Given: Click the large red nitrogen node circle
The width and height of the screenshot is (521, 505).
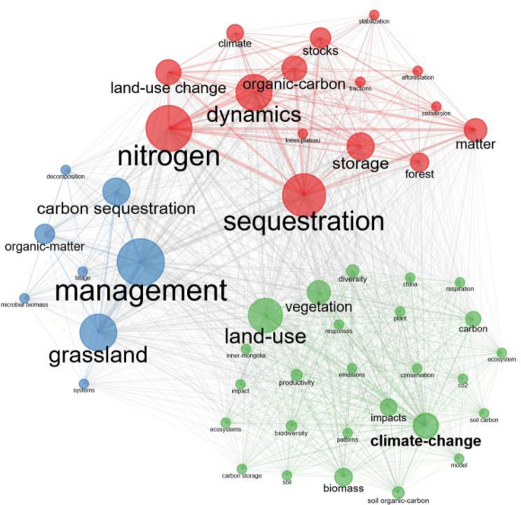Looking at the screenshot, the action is (169, 128).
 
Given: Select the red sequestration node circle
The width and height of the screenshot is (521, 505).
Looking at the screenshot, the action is (304, 195).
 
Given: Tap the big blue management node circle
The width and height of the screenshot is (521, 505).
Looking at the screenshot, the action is (141, 261).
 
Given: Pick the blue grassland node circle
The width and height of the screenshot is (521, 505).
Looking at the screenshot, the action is (99, 333).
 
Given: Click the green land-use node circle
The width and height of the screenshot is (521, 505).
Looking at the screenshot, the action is (265, 315).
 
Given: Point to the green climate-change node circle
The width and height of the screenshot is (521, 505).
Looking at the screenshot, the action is (425, 425).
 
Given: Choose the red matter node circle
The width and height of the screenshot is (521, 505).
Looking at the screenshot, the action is (475, 129).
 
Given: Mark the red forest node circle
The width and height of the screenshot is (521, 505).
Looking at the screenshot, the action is (420, 162).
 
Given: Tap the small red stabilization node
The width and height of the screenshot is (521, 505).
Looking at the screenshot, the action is (373, 14).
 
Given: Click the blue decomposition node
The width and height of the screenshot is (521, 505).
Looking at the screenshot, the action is (65, 170).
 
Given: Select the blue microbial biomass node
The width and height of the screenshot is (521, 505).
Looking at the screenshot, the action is (24, 297).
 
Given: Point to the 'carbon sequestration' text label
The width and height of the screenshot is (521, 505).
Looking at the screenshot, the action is (116, 209).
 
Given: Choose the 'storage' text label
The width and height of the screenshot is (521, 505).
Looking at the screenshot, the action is (361, 164).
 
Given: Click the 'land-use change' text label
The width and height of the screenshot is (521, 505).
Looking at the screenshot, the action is (168, 88).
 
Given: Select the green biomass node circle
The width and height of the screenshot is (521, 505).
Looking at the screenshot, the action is (343, 476).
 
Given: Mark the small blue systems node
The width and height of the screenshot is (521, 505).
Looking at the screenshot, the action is (84, 383).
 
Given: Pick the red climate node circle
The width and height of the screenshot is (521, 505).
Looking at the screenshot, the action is (235, 33).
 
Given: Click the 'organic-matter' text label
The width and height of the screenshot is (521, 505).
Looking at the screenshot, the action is (44, 246).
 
